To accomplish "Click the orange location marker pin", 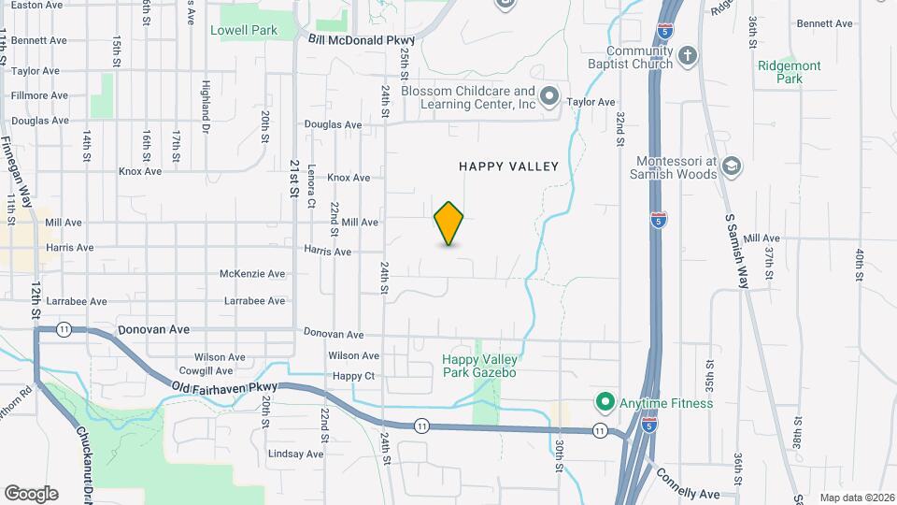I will [449, 223].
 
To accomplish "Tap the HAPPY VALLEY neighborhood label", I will [508, 166].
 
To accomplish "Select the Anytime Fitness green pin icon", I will [605, 403].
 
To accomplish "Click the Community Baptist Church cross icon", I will [687, 56].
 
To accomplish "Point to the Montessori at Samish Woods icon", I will [732, 166].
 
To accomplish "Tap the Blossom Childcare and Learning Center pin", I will [549, 96].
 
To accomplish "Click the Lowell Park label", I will [244, 30].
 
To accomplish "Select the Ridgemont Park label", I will [790, 73].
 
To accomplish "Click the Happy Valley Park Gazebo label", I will [479, 366].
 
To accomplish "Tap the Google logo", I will [31, 493].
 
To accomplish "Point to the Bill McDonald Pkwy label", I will [360, 40].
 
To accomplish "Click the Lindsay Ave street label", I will [295, 454].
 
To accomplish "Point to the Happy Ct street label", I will [353, 376].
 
